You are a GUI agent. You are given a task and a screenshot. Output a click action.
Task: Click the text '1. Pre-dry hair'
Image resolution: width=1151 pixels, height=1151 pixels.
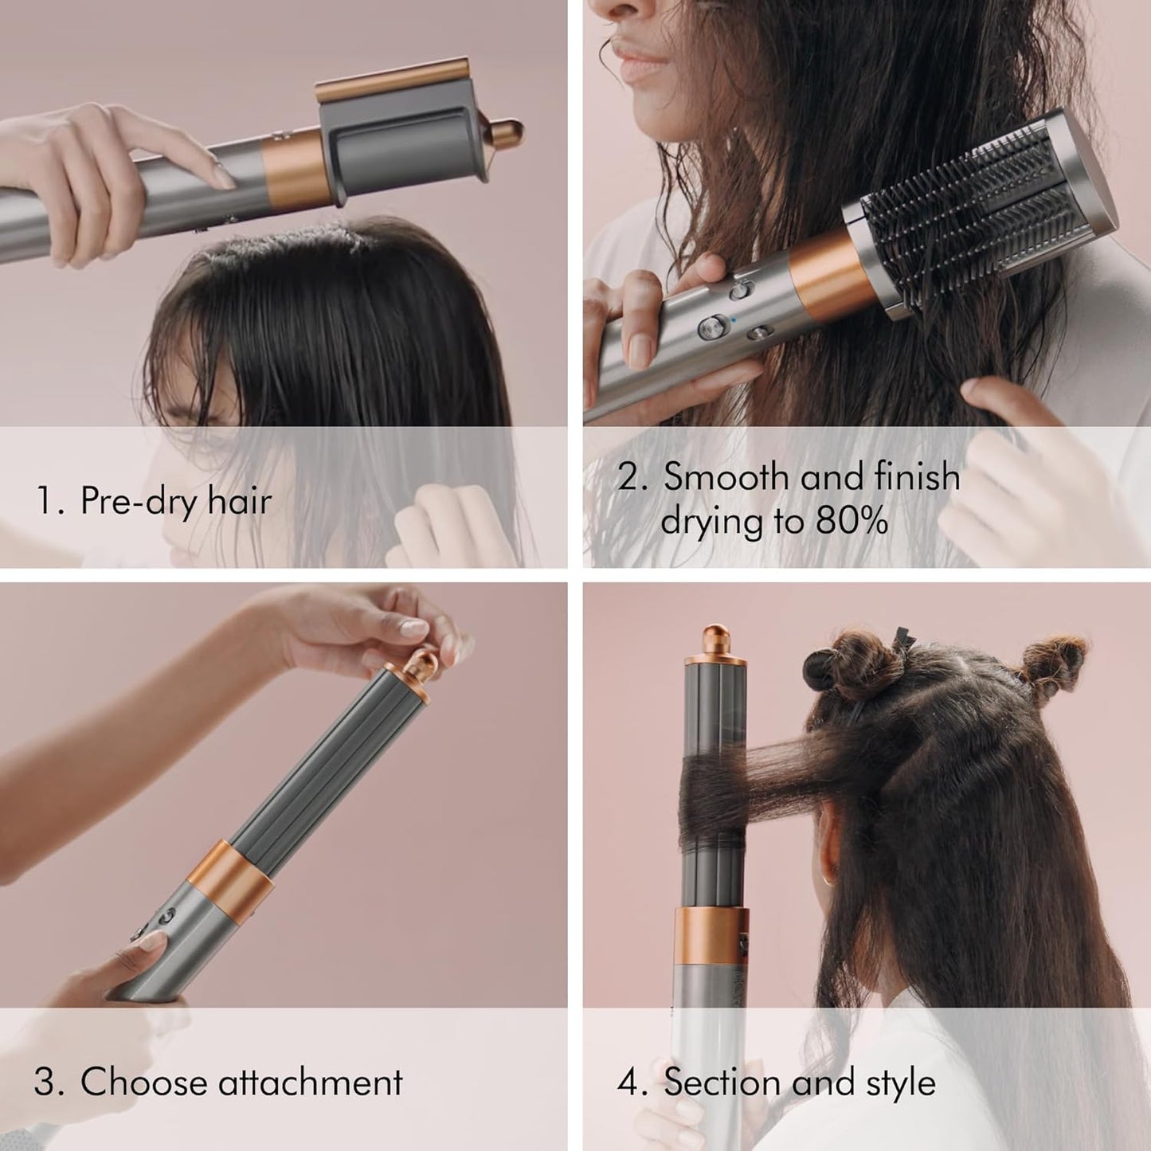point(154,501)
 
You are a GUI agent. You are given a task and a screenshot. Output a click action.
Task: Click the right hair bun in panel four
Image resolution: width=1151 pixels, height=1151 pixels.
point(1053,660)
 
